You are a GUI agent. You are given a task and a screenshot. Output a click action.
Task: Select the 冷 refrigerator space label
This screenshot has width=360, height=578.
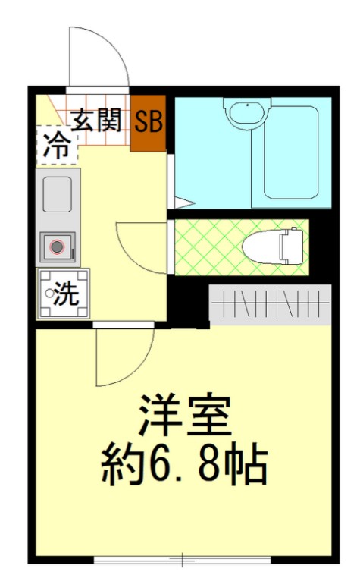[x=55, y=145]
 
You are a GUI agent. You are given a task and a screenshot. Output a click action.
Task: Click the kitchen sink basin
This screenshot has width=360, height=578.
[x=58, y=194]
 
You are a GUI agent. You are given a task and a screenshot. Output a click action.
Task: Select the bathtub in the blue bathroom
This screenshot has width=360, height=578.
[x=290, y=151]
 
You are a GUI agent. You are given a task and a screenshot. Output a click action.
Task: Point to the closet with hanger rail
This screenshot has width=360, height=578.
[x=270, y=305]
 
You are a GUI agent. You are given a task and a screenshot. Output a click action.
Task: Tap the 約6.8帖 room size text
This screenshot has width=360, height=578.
[x=184, y=463]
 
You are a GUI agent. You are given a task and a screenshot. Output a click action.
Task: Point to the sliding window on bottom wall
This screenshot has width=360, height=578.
[x=182, y=561]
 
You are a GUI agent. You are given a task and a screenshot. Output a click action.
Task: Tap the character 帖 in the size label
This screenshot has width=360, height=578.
[x=247, y=463]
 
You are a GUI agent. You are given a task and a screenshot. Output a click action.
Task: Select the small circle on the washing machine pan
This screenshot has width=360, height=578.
[x=49, y=293]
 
